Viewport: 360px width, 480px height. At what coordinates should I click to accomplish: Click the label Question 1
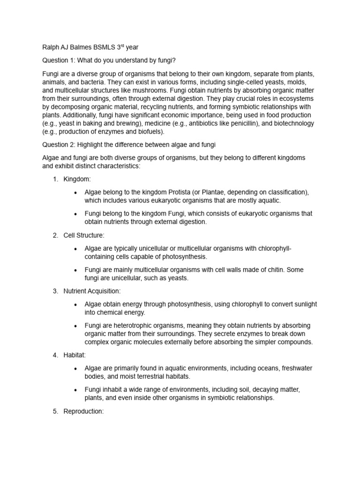[60, 60]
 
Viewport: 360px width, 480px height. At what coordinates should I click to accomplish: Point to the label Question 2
[60, 145]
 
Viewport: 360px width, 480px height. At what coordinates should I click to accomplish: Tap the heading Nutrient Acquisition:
[92, 291]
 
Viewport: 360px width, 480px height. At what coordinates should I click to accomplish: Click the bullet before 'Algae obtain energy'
[75, 305]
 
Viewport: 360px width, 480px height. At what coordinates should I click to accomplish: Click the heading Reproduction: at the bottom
[83, 411]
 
